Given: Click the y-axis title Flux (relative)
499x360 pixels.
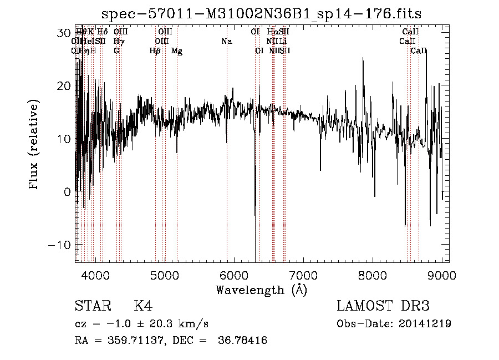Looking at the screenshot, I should pyautogui.click(x=34, y=145).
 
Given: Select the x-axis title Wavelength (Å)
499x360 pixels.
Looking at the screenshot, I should pyautogui.click(x=261, y=290).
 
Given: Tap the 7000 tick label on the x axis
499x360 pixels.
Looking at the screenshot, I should pyautogui.click(x=303, y=275).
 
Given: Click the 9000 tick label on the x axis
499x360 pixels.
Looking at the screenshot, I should pyautogui.click(x=442, y=275).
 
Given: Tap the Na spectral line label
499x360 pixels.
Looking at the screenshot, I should pyautogui.click(x=226, y=42).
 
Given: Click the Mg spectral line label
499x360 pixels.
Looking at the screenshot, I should pyautogui.click(x=177, y=51).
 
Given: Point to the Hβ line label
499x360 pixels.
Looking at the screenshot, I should pyautogui.click(x=155, y=51).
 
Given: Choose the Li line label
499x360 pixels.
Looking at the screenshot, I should pyautogui.click(x=283, y=42).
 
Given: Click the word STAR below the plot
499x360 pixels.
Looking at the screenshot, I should pyautogui.click(x=93, y=306).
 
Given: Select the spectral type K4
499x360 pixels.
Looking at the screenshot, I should pyautogui.click(x=143, y=306).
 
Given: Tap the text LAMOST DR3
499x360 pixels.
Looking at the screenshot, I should pyautogui.click(x=383, y=306).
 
